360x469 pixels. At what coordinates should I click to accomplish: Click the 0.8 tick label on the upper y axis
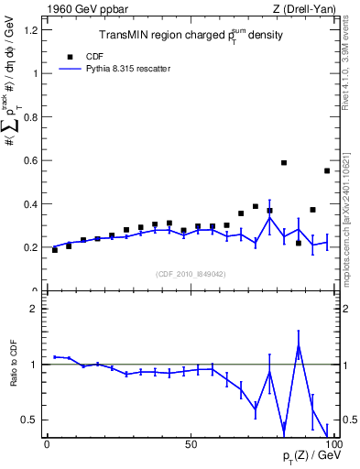tap(29, 116)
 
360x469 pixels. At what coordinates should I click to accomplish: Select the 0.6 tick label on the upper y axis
tap(29, 160)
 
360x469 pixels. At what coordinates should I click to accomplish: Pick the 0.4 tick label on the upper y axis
tap(29, 203)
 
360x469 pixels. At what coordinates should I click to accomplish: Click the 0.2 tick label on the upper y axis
tap(29, 247)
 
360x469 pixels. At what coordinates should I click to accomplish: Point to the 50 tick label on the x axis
tap(190, 443)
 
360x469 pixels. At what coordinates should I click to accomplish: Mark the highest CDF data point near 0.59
tap(284, 163)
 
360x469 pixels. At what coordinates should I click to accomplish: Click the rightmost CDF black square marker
tap(327, 170)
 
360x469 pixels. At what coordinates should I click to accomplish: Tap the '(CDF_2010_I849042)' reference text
tap(189, 273)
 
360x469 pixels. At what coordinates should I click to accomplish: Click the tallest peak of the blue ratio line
tap(299, 345)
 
